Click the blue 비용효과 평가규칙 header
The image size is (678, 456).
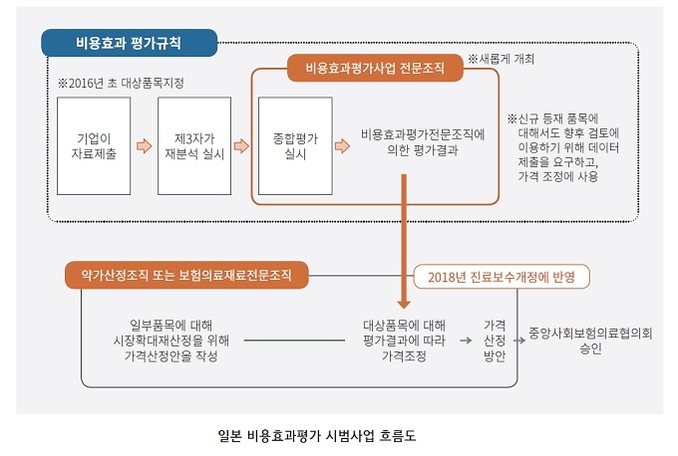pos(129,43)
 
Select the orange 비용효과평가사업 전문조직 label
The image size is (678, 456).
pos(375,68)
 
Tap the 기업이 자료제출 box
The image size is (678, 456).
pos(94,146)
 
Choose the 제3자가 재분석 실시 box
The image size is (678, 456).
pos(194,146)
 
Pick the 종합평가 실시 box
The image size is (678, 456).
pos(295,146)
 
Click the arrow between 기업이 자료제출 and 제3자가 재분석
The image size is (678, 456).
pos(145,146)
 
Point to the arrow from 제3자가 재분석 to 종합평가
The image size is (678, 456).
pos(241,146)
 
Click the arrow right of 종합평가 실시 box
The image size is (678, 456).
pos(342,146)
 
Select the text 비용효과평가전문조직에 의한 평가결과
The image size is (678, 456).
pos(423,142)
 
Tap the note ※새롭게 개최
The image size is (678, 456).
pos(502,59)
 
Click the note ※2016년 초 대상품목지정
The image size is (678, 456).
pos(121,83)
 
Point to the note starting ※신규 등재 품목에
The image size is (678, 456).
pos(563,147)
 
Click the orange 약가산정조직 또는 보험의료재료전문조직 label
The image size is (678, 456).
pos(186,275)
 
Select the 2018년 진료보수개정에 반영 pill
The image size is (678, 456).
pos(502,277)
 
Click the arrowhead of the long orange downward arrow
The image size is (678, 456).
pos(404,303)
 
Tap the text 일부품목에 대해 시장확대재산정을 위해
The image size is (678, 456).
pos(171,333)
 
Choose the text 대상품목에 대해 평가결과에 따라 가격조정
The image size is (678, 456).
pos(404,341)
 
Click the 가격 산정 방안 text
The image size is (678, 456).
pos(495,341)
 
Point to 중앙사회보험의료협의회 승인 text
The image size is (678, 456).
pos(590,341)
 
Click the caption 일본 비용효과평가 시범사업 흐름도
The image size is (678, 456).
pos(317,436)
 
